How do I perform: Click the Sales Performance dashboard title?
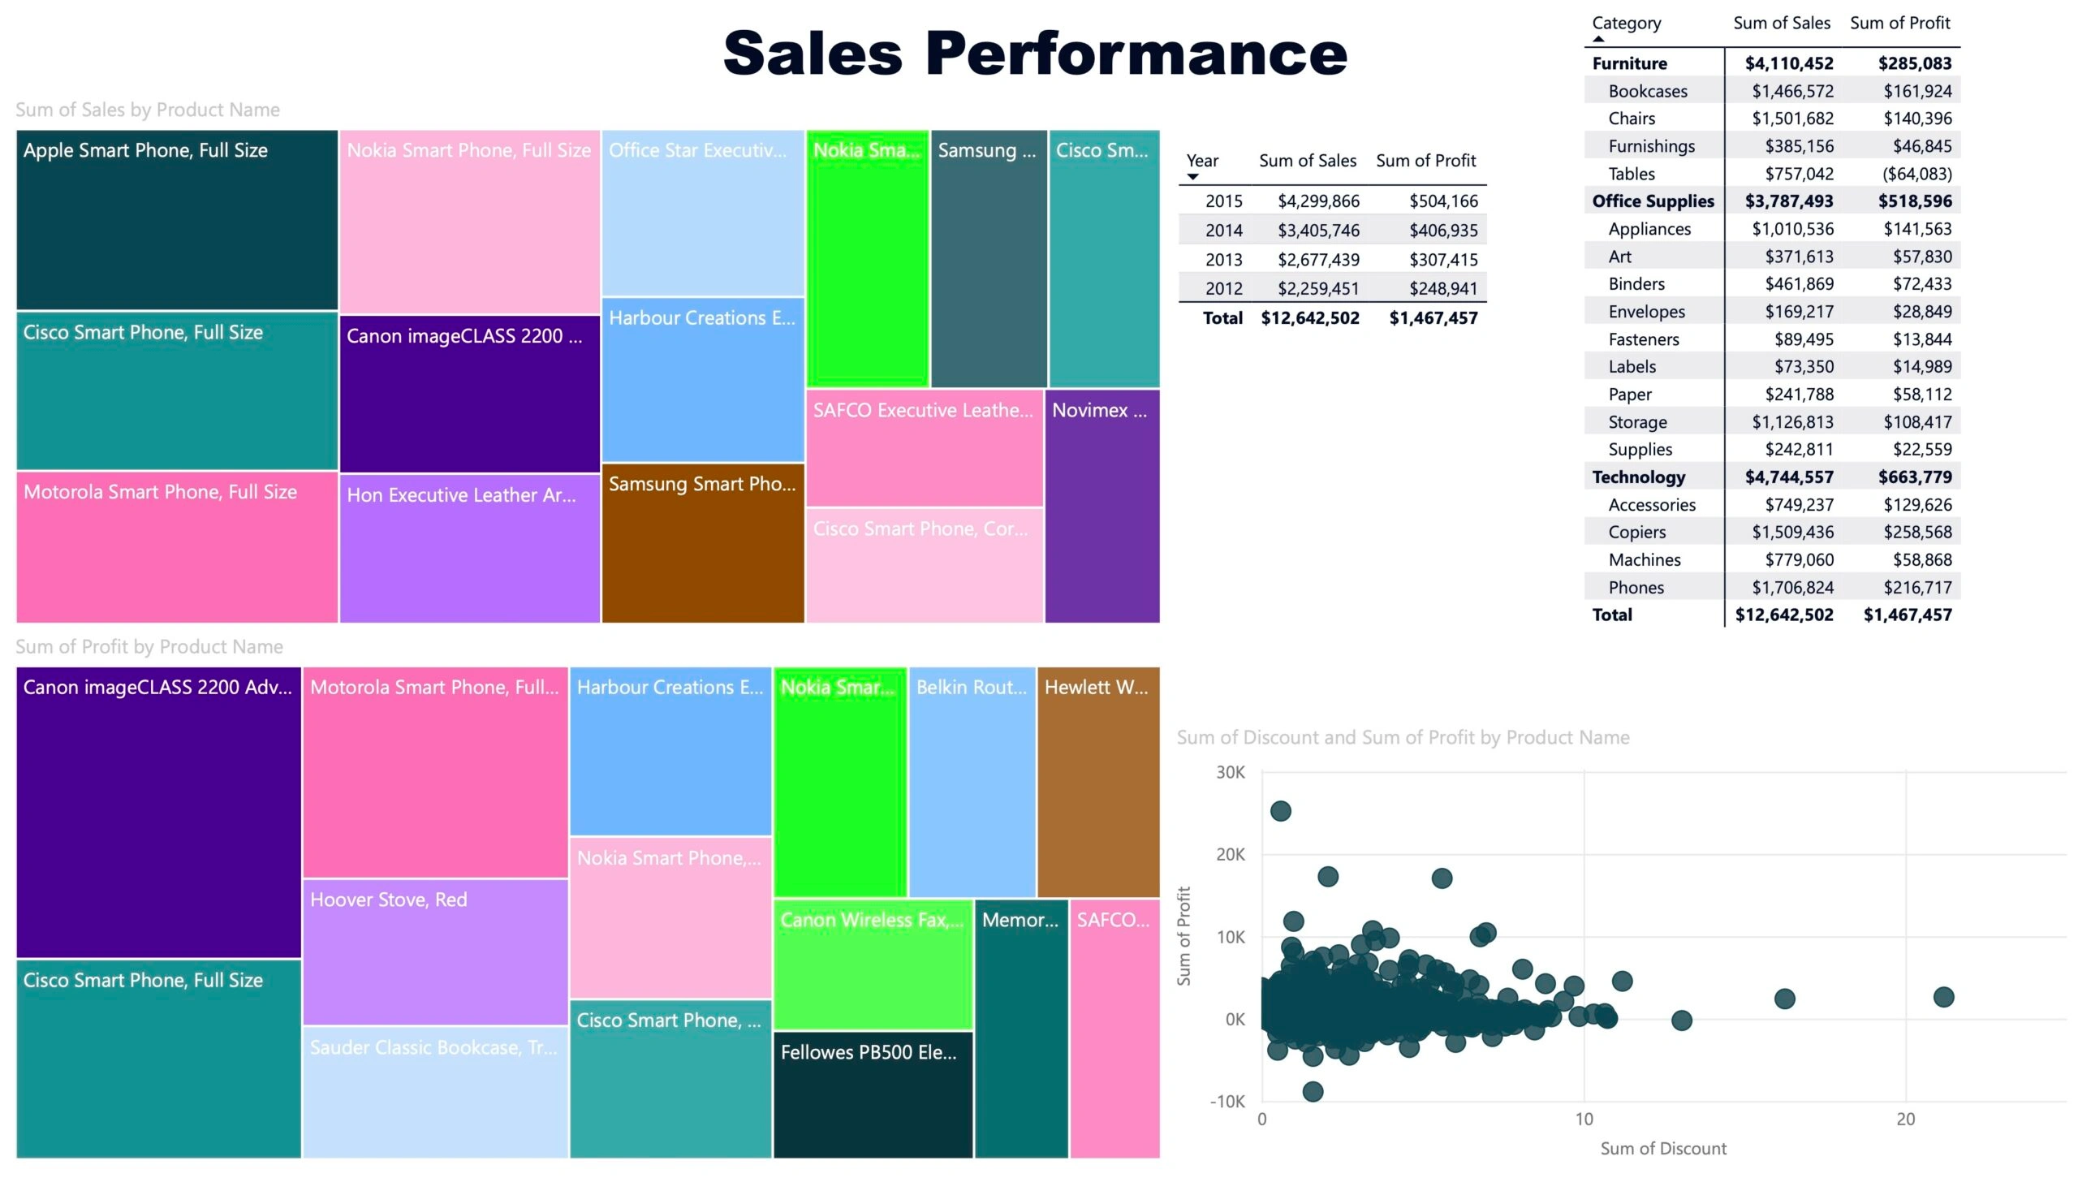point(1035,54)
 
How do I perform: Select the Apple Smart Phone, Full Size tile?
point(177,219)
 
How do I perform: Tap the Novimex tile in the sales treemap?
point(1102,505)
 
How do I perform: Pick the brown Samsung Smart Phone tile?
point(702,542)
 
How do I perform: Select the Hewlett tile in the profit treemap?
point(1097,781)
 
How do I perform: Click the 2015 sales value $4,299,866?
point(1318,201)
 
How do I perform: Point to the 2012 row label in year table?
point(1223,288)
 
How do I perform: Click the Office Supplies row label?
point(1653,201)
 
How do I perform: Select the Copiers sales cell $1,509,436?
point(1792,532)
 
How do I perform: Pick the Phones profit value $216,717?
point(1917,587)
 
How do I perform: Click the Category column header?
point(1626,23)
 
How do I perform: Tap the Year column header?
point(1202,161)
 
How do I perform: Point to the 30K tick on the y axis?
point(1230,772)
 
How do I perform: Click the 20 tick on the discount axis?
point(1905,1119)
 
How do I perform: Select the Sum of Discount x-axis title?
point(1663,1148)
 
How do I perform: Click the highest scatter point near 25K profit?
point(1280,811)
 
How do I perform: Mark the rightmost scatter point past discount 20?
point(1943,997)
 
